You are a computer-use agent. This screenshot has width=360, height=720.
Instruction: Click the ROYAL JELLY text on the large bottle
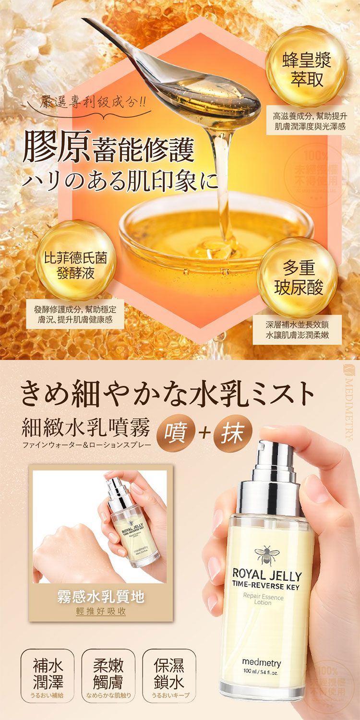pos(267,576)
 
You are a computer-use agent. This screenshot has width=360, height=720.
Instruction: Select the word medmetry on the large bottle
pos(262,663)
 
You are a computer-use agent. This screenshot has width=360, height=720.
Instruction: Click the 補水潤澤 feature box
pos(48,673)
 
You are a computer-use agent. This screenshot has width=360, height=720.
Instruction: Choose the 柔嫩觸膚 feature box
pos(108,673)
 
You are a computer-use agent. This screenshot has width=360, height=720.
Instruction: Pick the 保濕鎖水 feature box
pos(169,673)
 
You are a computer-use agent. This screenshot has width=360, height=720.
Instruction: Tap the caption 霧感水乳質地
pos(101,597)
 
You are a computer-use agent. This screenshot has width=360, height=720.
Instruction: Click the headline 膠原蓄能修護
pos(108,150)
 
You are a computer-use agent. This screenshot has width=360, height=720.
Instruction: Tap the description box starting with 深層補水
pos(297,329)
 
